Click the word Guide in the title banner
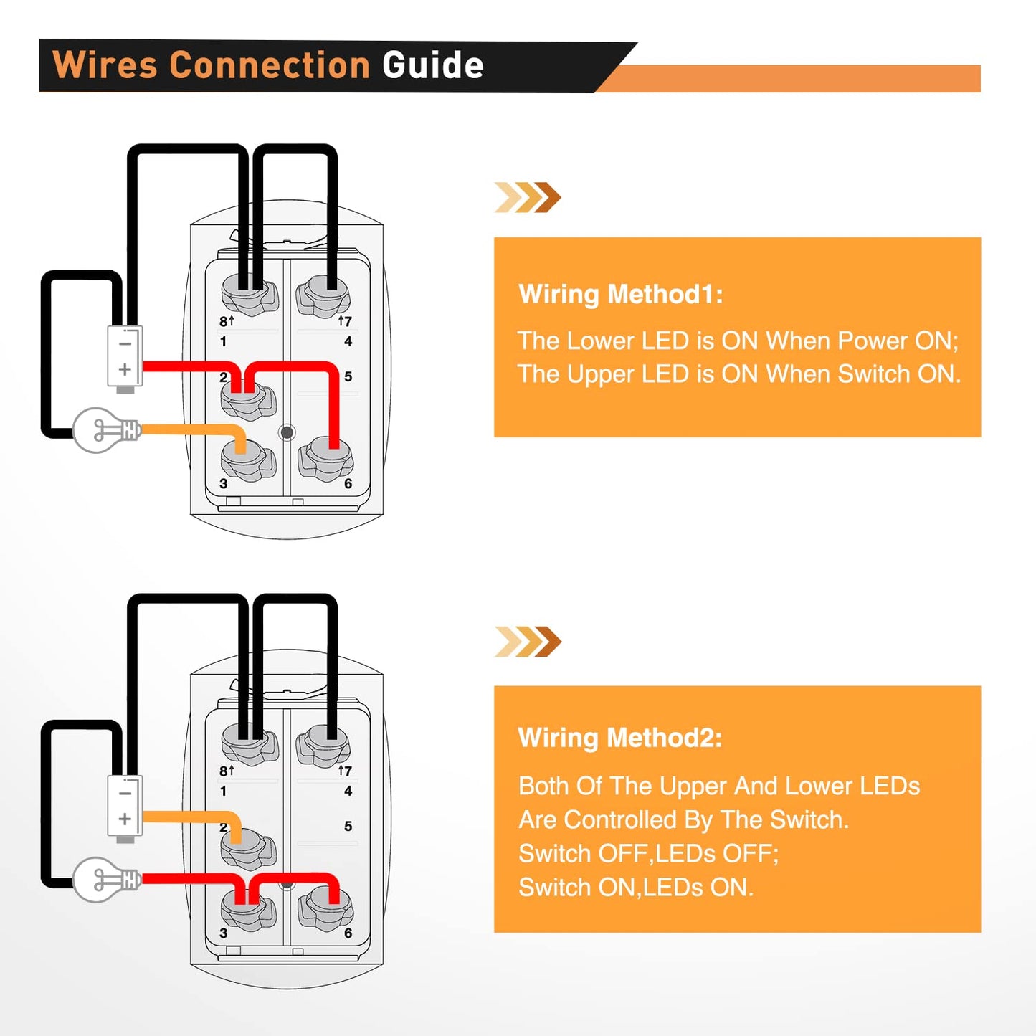point(433,65)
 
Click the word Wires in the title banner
point(105,65)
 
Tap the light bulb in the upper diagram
point(104,430)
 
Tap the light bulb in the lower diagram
point(104,879)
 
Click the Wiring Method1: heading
point(620,294)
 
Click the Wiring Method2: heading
point(619,738)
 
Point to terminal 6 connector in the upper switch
point(326,459)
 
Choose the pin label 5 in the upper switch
point(348,376)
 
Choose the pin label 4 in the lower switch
point(348,791)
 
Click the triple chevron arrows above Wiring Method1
point(528,197)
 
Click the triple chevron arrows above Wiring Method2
point(528,641)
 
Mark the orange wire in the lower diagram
point(190,817)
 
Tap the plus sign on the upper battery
point(125,369)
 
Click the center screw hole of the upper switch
point(287,432)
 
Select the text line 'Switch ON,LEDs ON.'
point(635,888)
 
